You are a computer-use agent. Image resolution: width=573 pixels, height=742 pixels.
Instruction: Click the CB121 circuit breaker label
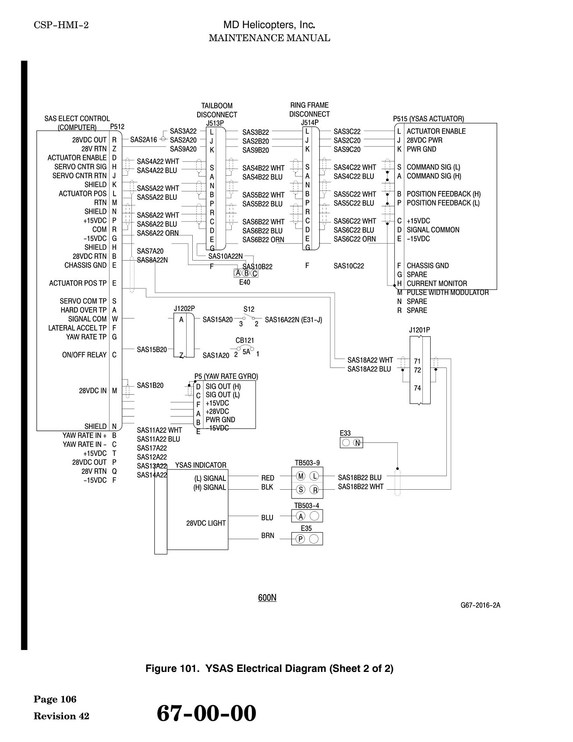coord(245,340)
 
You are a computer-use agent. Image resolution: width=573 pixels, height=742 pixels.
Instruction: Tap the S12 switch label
coord(249,309)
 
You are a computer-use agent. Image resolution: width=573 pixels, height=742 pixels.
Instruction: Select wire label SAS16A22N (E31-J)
coord(294,320)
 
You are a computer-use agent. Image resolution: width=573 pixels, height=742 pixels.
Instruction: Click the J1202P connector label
coord(184,308)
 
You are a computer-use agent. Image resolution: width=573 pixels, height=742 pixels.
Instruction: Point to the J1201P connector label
coord(420,330)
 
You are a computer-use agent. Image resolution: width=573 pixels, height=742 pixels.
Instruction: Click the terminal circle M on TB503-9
coord(301,476)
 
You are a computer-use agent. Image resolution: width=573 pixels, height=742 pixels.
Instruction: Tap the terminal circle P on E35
coord(301,539)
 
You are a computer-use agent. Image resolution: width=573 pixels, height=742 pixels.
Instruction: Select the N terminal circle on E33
coord(357,443)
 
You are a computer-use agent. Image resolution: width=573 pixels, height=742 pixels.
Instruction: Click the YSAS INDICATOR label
coord(201,465)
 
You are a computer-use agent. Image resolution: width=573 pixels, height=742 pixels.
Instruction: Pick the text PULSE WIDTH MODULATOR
coord(448,293)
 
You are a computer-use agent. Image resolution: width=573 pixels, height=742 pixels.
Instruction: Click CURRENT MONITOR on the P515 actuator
coord(437,283)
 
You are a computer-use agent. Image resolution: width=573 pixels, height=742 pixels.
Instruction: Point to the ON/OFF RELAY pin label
coord(84,355)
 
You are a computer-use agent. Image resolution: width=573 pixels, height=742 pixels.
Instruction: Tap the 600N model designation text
coord(267,598)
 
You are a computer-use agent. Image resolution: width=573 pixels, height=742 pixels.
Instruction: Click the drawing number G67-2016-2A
coord(480,605)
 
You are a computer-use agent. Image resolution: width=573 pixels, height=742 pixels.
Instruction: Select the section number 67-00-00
coord(206,713)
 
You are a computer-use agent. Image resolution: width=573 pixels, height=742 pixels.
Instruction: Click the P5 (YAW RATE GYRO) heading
coord(226,376)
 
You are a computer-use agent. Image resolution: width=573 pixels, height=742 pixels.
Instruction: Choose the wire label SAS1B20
coord(150,385)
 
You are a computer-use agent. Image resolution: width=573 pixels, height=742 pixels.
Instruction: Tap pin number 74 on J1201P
coord(417,388)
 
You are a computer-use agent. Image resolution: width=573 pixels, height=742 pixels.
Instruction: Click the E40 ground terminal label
coord(244,283)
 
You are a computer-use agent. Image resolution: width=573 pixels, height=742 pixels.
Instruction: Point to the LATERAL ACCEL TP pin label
coord(77,328)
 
